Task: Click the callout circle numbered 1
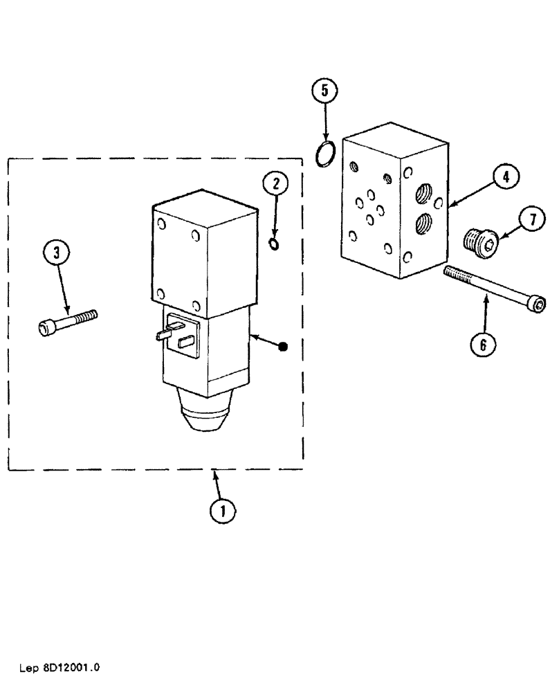coord(222,511)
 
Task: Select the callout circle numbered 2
coord(275,183)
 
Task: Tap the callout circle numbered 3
coord(57,253)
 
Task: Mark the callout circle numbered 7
coord(531,220)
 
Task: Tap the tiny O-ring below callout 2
coord(275,243)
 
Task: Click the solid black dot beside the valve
coord(282,345)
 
